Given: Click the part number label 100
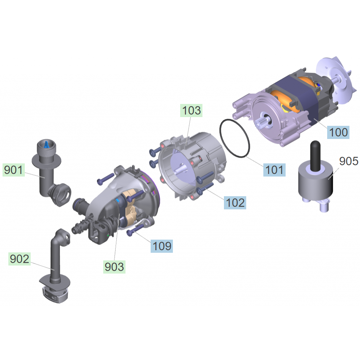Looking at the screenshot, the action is pos(338,132).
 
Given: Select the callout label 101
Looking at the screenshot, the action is pos(274,170).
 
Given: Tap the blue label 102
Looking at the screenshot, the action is pos(235,203).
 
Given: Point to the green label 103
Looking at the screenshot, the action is pos(191,111).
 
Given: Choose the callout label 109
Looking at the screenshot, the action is pos(162,246).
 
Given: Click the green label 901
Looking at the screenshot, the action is pos(13,170).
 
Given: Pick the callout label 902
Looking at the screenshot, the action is pos(20,259).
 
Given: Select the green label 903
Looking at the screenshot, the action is pos(114,267).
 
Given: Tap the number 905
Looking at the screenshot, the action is pos(349,161).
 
